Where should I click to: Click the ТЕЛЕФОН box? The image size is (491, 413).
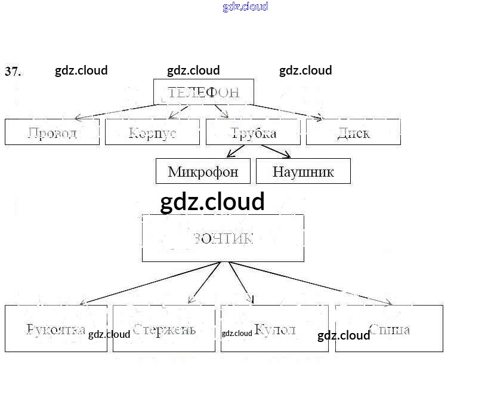(203, 92)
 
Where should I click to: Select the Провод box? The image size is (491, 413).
(52, 132)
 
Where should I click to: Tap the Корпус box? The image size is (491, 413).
(152, 132)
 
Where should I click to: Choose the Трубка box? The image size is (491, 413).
(253, 132)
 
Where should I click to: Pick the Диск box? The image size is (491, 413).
(353, 132)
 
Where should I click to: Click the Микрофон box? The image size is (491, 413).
(203, 171)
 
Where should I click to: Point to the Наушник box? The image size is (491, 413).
(303, 171)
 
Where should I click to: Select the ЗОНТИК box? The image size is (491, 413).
(223, 238)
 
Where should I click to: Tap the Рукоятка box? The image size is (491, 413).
(56, 328)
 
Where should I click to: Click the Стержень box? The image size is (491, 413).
(164, 328)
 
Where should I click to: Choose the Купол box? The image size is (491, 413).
(274, 328)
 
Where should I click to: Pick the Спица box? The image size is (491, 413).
(389, 328)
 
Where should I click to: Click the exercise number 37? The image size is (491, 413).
(13, 72)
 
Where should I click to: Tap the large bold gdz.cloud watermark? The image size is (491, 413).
(212, 202)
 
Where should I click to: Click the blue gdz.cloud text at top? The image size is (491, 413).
(245, 7)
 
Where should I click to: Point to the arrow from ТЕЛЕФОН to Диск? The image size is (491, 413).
(286, 112)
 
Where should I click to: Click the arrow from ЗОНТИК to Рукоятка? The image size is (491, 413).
(149, 283)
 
